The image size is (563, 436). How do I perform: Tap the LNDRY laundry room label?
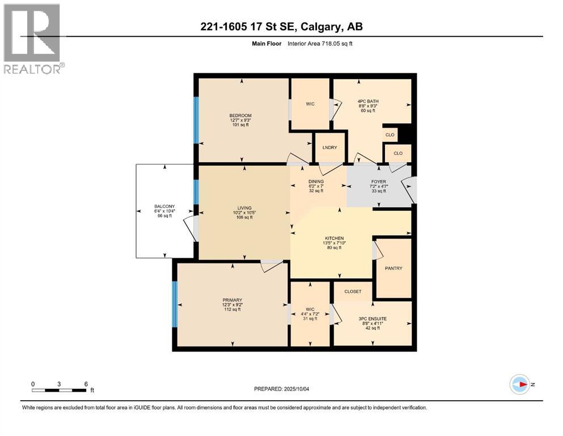[329, 148]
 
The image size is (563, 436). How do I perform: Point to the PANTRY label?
[393, 268]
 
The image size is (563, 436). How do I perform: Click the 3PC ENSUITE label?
[372, 319]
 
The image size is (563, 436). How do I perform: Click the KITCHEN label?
[335, 238]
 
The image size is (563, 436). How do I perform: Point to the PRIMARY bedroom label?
[232, 300]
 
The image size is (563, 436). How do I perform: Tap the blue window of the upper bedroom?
[196, 120]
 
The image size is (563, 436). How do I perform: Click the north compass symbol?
[519, 384]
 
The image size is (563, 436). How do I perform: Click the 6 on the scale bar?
[86, 384]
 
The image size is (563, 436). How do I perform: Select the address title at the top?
[281, 27]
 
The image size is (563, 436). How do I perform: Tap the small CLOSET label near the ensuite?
[353, 291]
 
